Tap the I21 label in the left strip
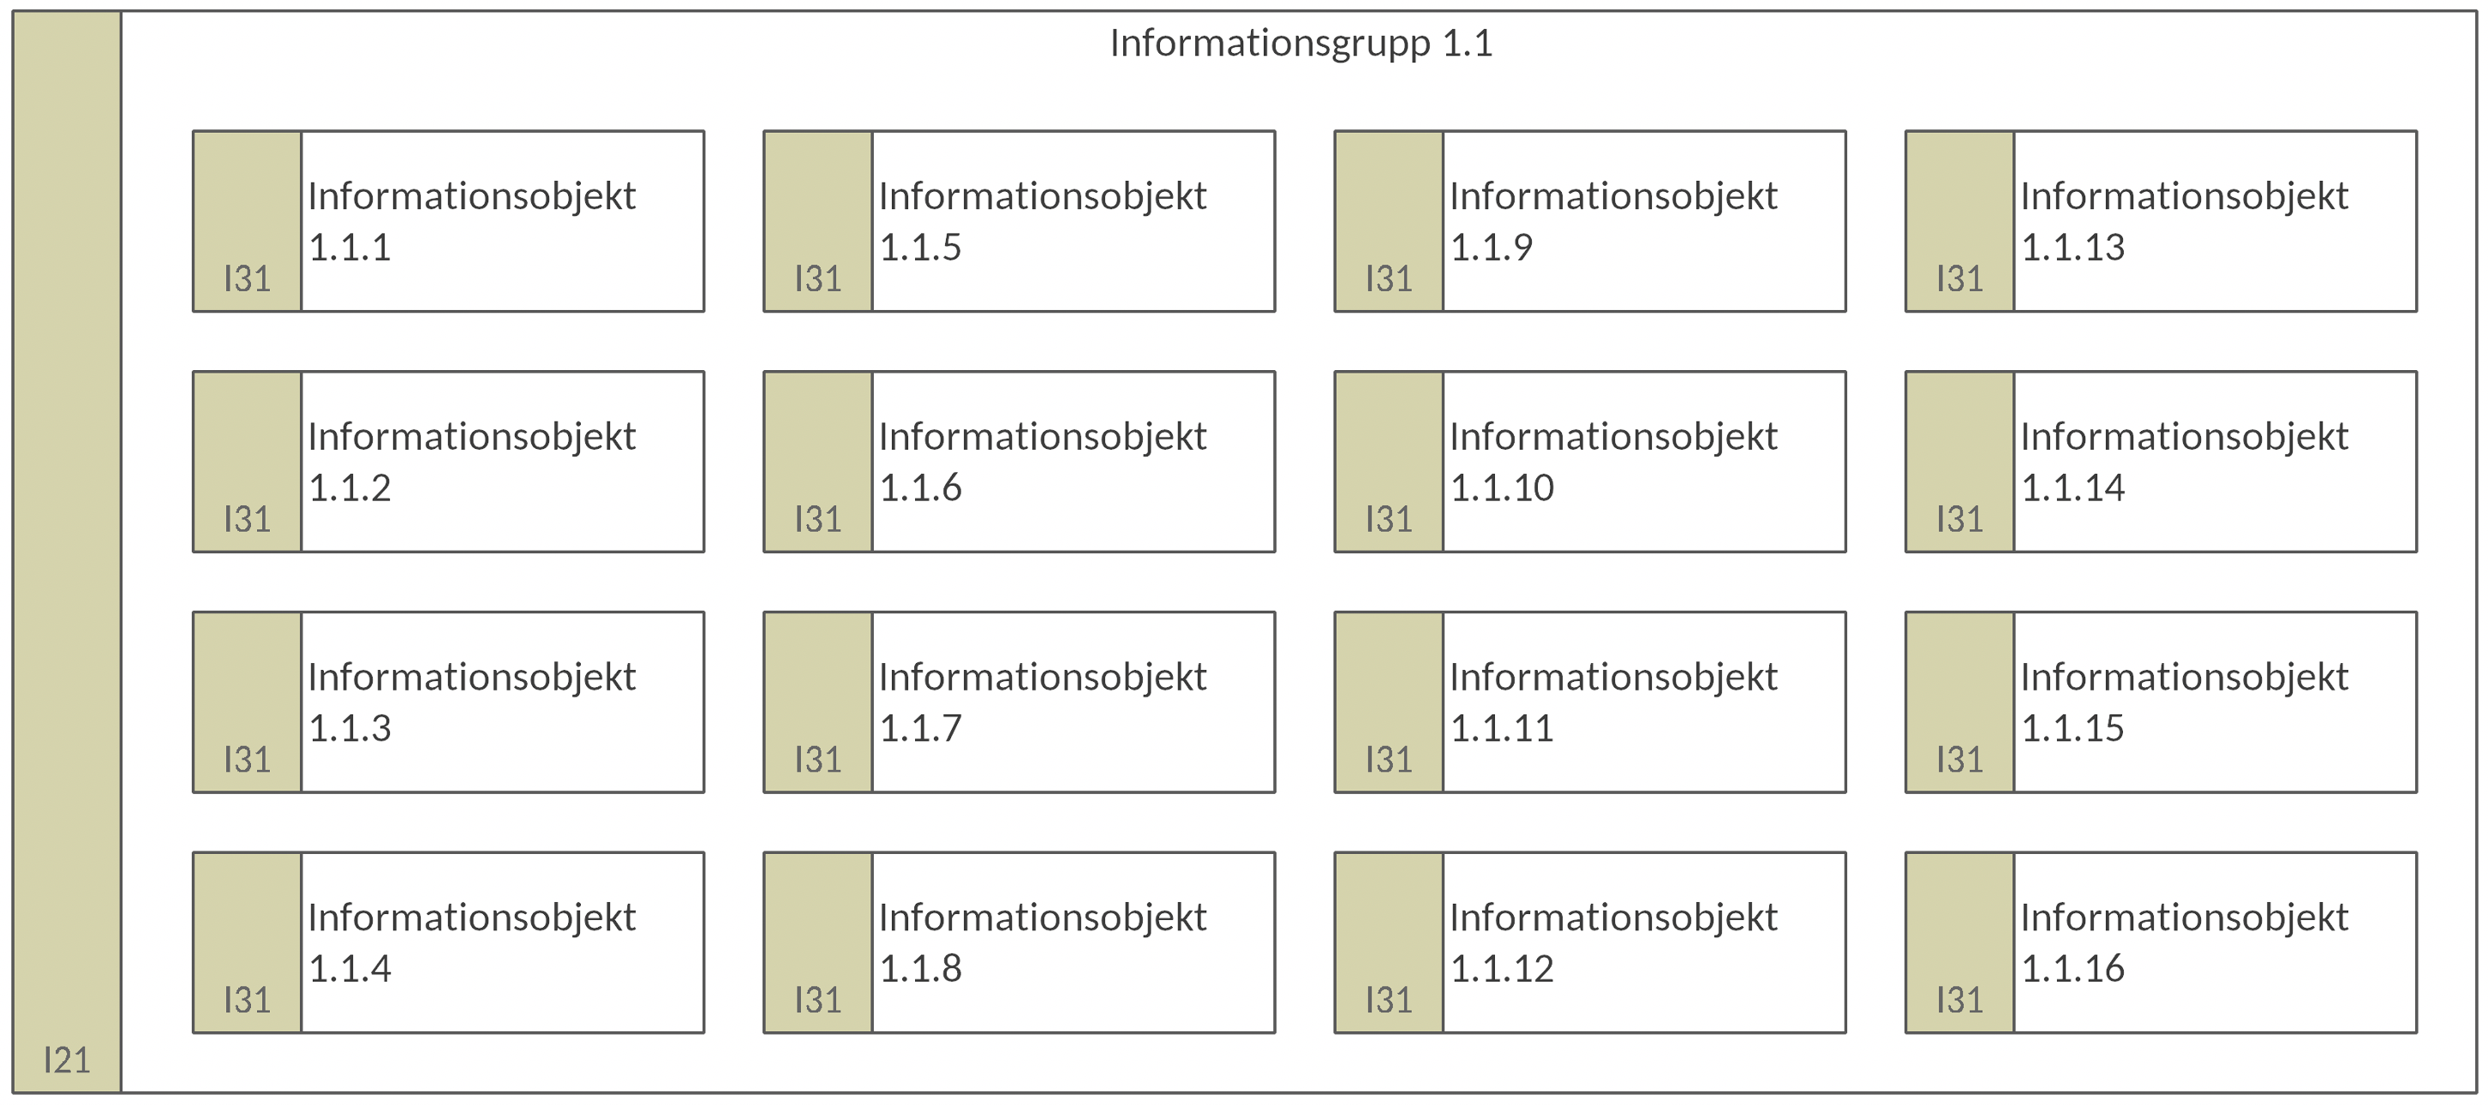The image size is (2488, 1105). click(x=67, y=1060)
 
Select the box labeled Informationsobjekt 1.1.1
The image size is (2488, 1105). click(x=448, y=221)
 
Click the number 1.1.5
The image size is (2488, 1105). click(x=920, y=248)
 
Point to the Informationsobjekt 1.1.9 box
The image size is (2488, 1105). click(x=1590, y=221)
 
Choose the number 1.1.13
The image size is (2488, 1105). click(x=2072, y=248)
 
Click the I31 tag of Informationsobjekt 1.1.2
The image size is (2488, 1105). click(x=248, y=520)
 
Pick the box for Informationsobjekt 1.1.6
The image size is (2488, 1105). click(x=1019, y=462)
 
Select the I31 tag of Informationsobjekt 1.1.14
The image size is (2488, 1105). click(x=1959, y=520)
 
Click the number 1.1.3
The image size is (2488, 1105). click(x=350, y=729)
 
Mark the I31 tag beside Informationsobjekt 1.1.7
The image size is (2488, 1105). click(x=818, y=760)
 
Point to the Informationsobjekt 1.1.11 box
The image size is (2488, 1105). click(x=1590, y=702)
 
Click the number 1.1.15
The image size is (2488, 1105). click(x=2072, y=729)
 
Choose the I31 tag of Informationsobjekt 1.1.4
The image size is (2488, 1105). click(x=248, y=1000)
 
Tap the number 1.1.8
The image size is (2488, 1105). click(x=920, y=970)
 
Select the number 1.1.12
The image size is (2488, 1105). click(x=1502, y=970)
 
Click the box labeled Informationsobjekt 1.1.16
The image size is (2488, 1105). click(x=2161, y=943)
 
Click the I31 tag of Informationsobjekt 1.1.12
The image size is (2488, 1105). click(x=1389, y=1000)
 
